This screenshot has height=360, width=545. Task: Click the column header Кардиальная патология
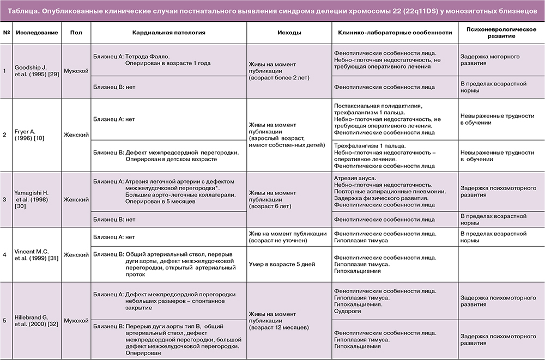[168, 33]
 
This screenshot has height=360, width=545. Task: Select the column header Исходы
[289, 33]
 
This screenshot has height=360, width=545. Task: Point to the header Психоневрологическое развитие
[496, 32]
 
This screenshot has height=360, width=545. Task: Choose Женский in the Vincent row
[76, 254]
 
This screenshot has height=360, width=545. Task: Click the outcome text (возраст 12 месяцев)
[280, 327]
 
